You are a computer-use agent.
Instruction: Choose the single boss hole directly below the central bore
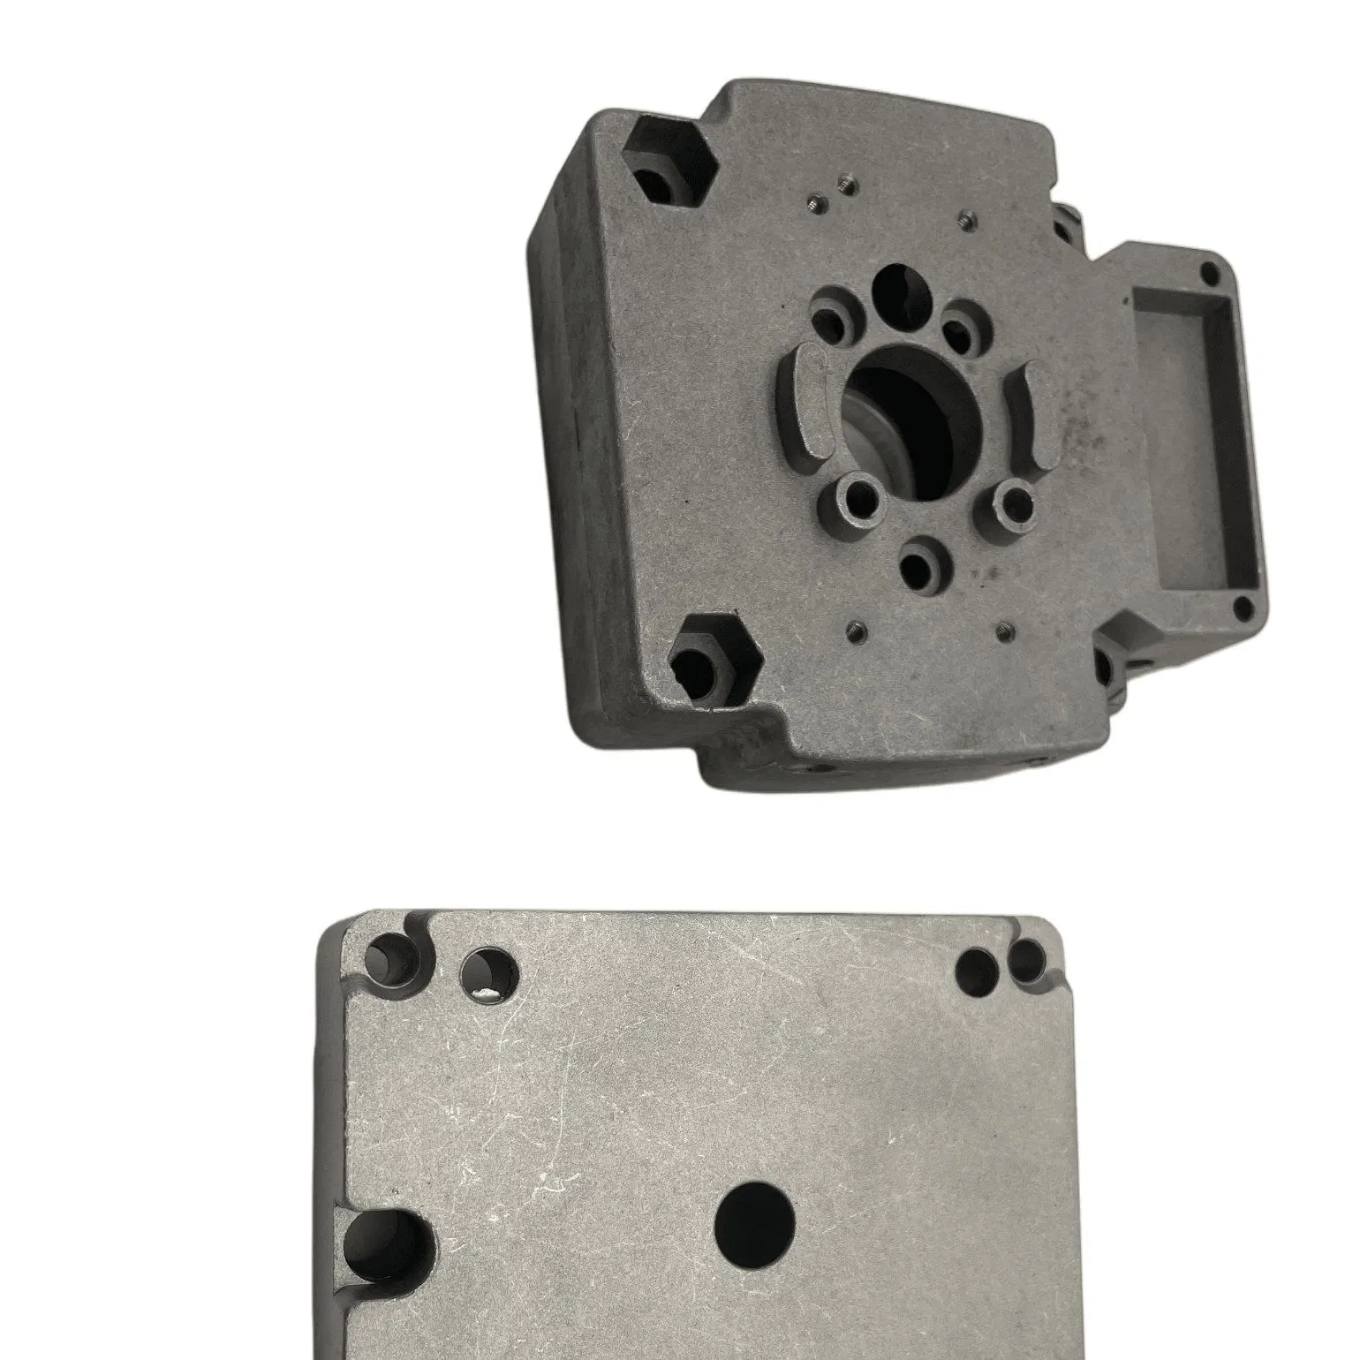tap(922, 562)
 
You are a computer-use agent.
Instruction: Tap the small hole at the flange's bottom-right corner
tap(1243, 605)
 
